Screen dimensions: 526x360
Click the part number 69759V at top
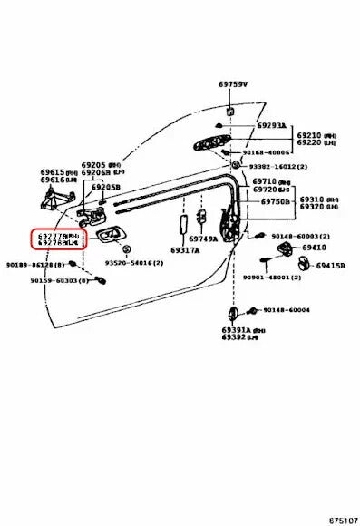(x=232, y=84)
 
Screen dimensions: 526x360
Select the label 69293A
(x=271, y=126)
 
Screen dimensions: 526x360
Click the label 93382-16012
(x=277, y=167)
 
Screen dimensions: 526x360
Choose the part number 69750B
(x=275, y=202)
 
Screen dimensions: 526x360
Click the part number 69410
(x=314, y=248)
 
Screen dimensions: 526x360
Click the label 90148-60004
(x=286, y=310)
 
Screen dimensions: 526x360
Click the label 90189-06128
(x=34, y=264)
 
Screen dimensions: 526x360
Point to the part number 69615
(x=52, y=171)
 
